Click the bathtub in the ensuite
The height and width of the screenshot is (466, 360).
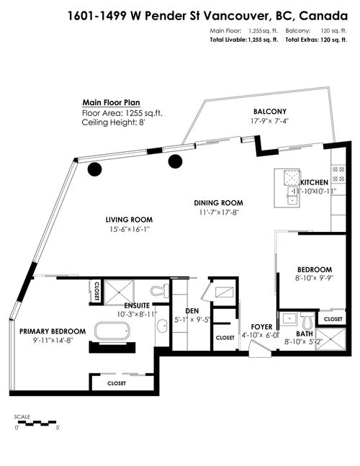[112, 331]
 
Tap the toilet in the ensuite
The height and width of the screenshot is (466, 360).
[160, 291]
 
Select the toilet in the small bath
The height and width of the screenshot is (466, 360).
[307, 318]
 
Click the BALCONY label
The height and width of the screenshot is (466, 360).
[270, 112]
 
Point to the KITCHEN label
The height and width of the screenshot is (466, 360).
[314, 182]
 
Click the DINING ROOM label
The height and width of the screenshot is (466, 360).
[219, 203]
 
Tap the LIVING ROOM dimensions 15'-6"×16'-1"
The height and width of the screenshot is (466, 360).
[129, 229]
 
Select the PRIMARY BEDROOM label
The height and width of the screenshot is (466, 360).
[53, 331]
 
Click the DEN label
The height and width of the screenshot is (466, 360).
[192, 311]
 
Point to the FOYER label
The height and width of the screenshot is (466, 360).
[261, 327]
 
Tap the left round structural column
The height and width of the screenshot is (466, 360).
[95, 169]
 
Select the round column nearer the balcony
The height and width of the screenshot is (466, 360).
[175, 161]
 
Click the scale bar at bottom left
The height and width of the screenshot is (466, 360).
[36, 423]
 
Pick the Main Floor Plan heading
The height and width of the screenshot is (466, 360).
[111, 102]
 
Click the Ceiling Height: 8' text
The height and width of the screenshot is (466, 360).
[114, 122]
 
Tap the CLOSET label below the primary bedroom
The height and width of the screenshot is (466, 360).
[117, 383]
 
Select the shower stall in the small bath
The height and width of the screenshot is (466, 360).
[330, 339]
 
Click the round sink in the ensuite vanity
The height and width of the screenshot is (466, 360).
[162, 326]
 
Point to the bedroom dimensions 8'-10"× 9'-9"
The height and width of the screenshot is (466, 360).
[315, 279]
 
